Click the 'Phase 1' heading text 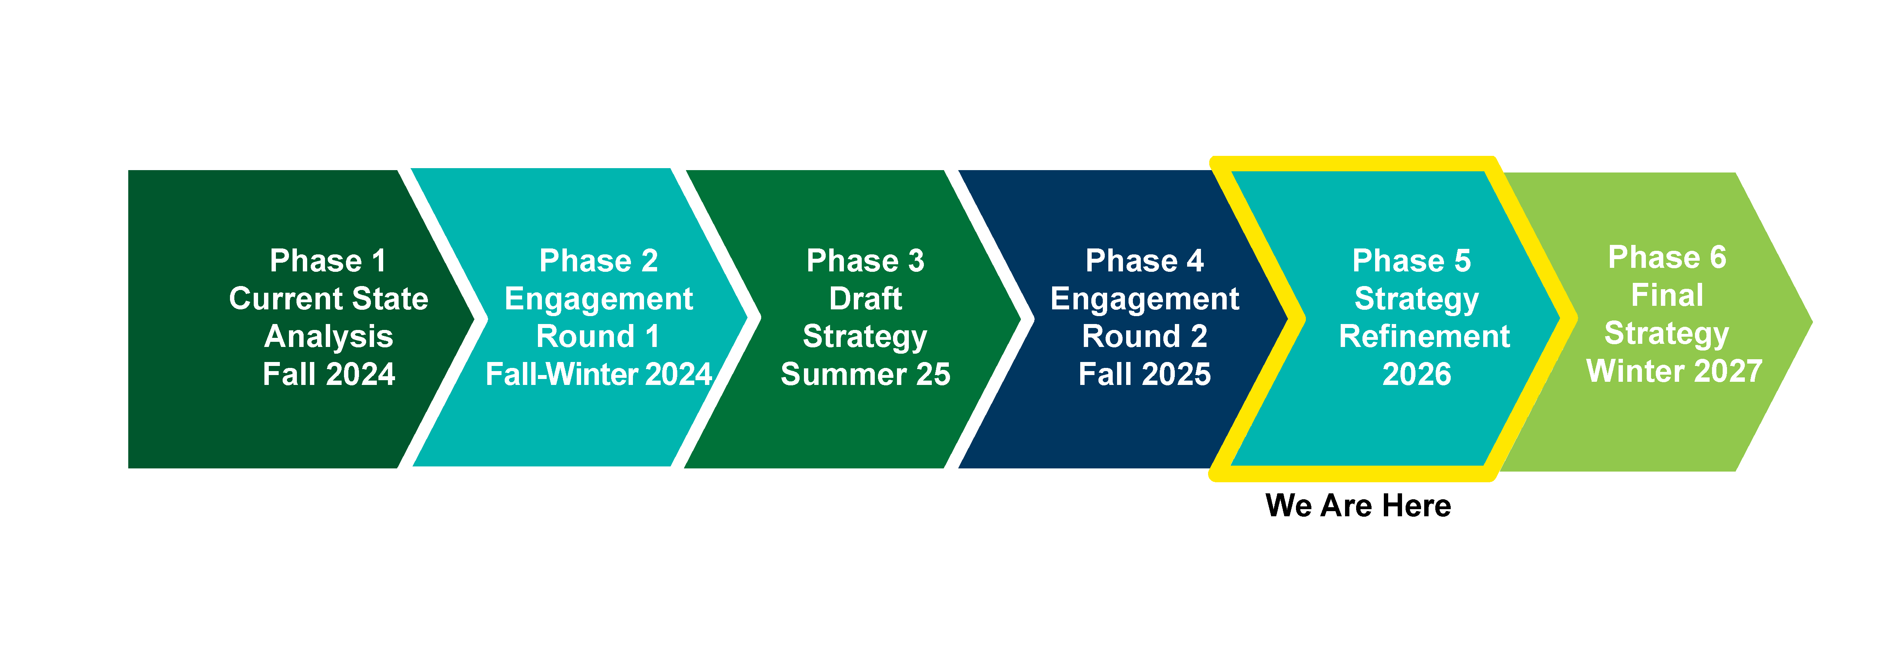coord(328,261)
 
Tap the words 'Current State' coord(328,298)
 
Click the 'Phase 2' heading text coord(598,261)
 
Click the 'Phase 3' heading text coord(865,261)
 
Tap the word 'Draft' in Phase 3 coord(865,298)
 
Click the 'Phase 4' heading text coord(1145,261)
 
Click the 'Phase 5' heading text coord(1412,261)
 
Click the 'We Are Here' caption coord(1358,506)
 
